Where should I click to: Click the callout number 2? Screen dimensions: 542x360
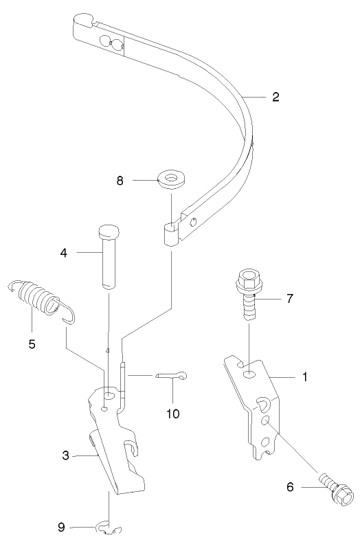[x=275, y=97]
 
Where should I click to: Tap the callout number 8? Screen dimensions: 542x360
[x=121, y=181]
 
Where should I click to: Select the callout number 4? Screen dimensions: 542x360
[x=64, y=253]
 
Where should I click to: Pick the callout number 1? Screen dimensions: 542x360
[x=304, y=377]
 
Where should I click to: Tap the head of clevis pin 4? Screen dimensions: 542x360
[x=109, y=231]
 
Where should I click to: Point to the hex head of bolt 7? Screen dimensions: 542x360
[x=247, y=280]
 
